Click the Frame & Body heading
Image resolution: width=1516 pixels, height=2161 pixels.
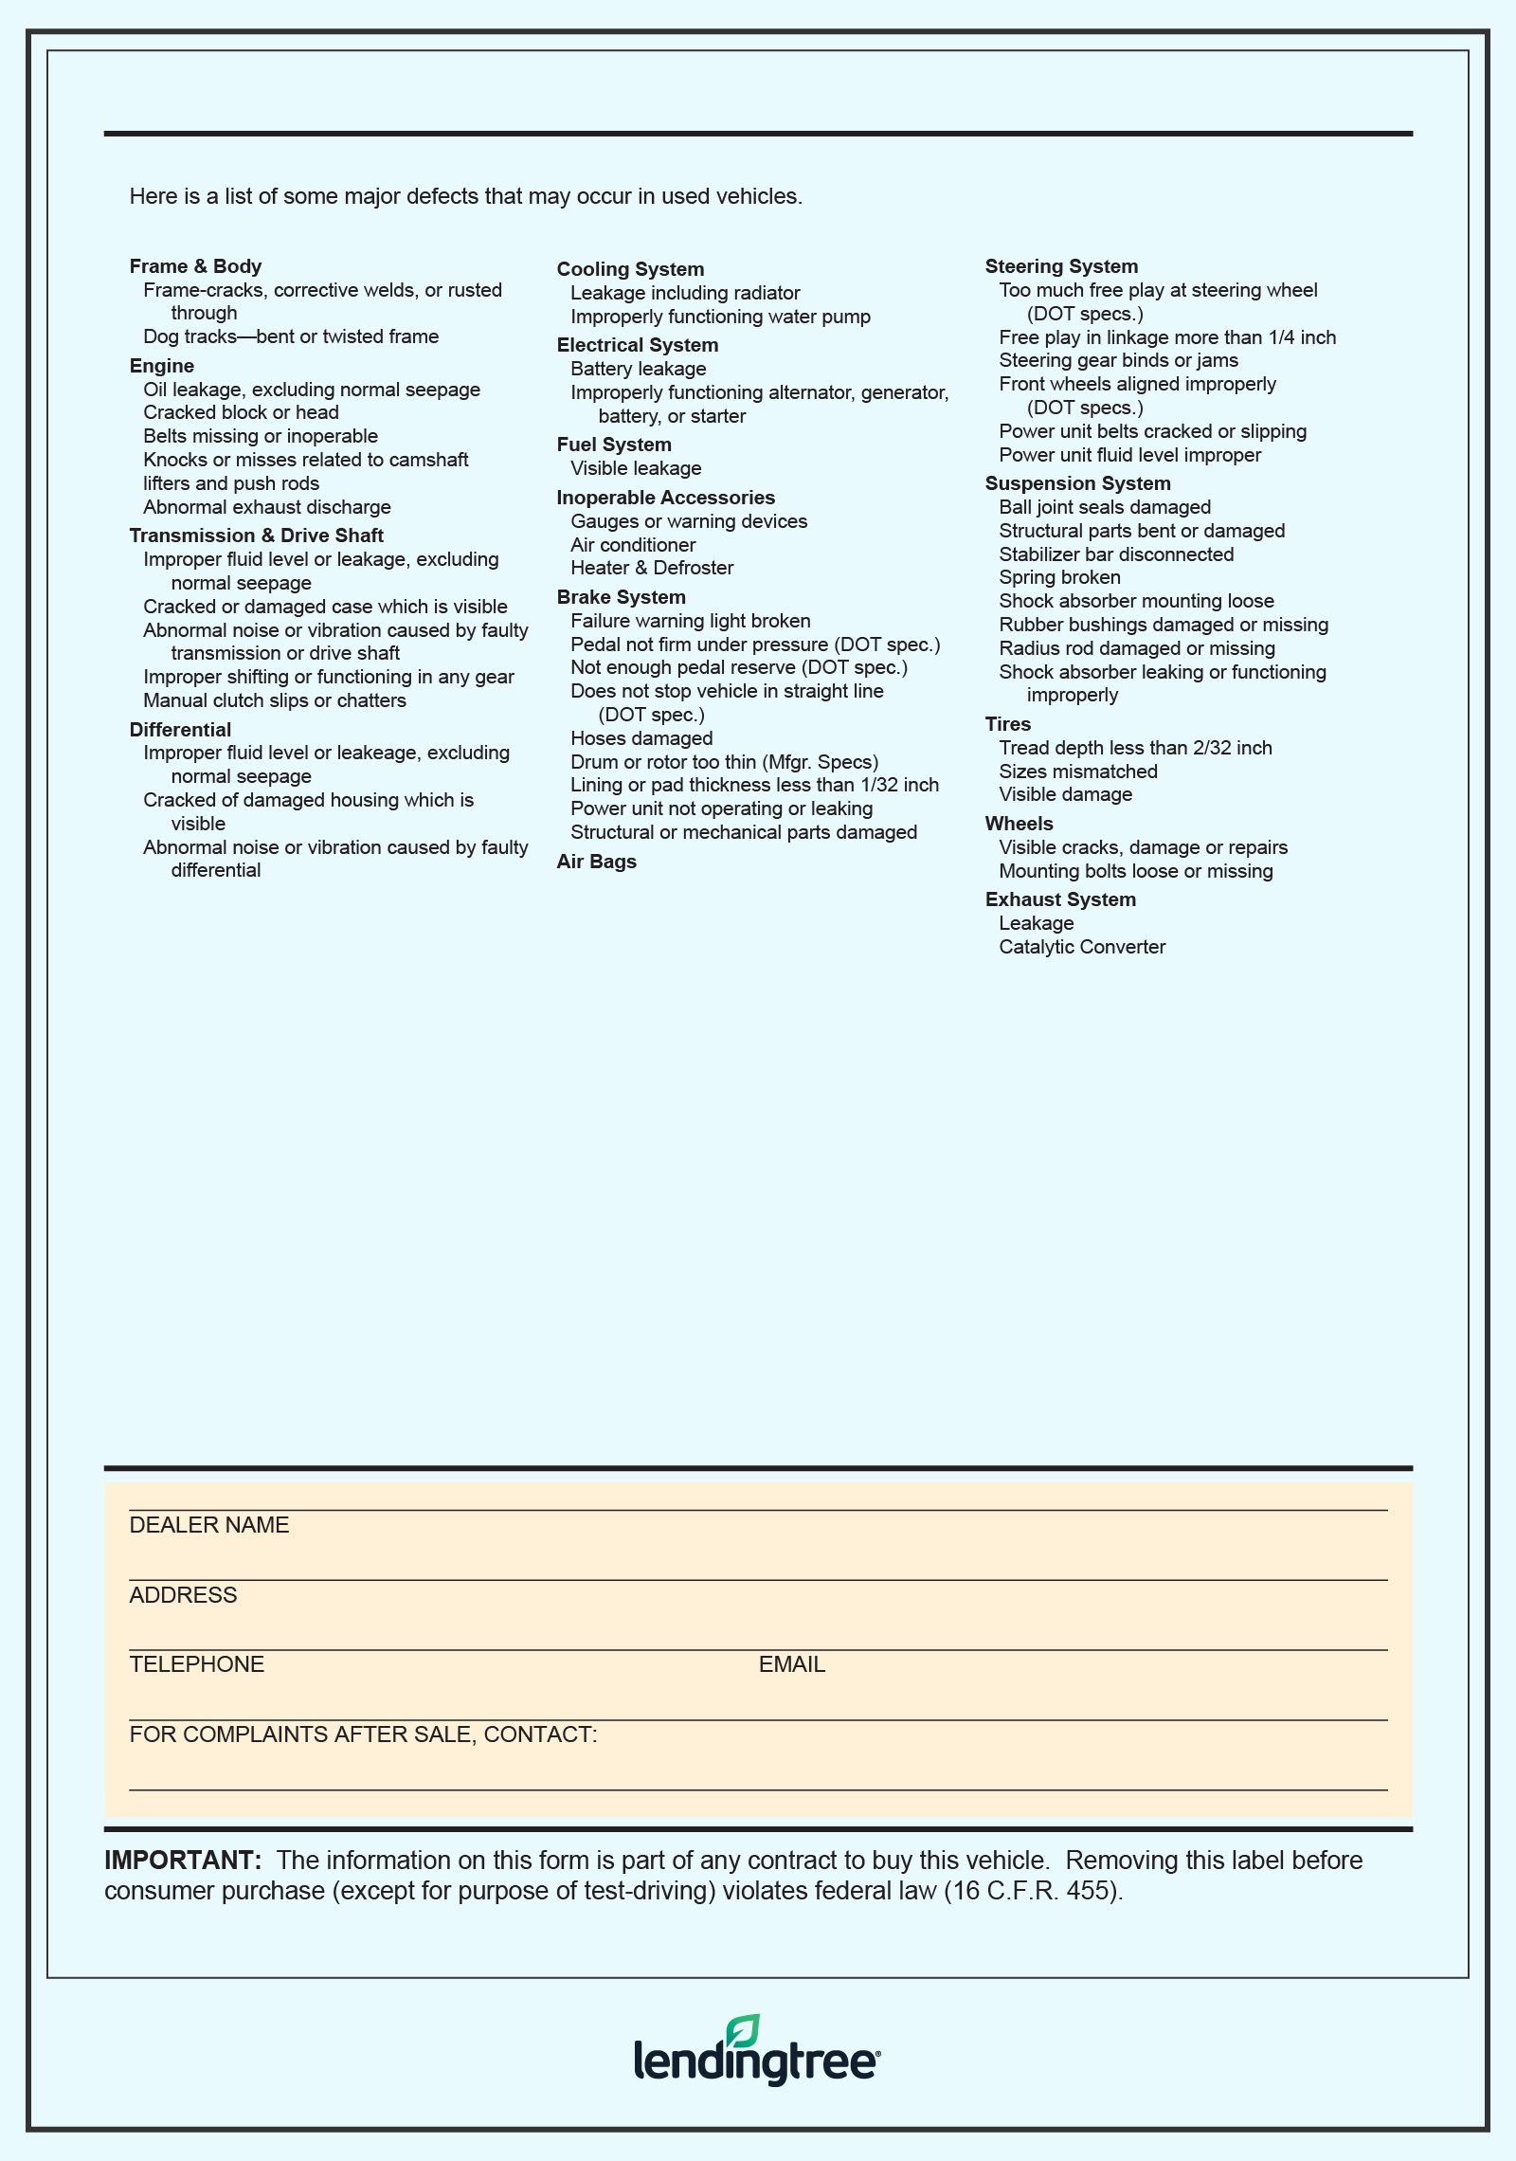(x=195, y=266)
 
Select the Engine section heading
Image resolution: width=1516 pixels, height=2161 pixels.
(x=162, y=366)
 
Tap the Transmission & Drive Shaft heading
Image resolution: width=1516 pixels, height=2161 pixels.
(x=257, y=536)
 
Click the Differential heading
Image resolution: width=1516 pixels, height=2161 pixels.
(x=180, y=730)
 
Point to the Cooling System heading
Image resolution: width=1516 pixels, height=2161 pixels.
(x=630, y=269)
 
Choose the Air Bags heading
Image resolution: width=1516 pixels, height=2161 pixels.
(x=596, y=862)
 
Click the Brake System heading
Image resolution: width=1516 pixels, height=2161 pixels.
(x=621, y=597)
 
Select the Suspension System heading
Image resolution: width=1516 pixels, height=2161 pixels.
(x=1077, y=483)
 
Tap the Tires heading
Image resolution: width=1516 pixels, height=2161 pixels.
(x=1007, y=724)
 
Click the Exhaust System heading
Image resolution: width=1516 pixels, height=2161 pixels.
(x=1060, y=899)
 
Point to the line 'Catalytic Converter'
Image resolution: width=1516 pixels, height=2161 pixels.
(x=1082, y=947)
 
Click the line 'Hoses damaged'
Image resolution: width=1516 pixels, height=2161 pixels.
(x=641, y=738)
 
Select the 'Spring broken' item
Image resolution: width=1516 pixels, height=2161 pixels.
(x=1059, y=577)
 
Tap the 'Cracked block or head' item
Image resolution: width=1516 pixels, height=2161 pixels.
(x=241, y=412)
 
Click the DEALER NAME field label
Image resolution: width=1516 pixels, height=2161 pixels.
(x=209, y=1525)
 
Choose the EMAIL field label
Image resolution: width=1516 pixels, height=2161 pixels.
(x=791, y=1664)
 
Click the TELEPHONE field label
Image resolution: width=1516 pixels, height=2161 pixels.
(x=197, y=1664)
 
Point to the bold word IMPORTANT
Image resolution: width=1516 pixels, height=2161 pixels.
(x=182, y=1861)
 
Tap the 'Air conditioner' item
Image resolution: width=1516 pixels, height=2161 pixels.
(x=633, y=545)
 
